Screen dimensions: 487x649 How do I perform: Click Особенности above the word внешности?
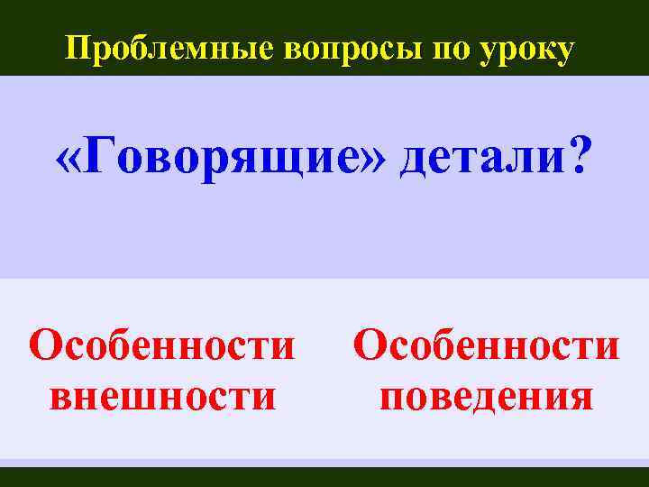pos(162,345)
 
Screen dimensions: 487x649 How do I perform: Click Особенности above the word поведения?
pos(487,345)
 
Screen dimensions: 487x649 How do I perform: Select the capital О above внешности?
pos(46,345)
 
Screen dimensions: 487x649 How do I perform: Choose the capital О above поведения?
pos(370,345)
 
